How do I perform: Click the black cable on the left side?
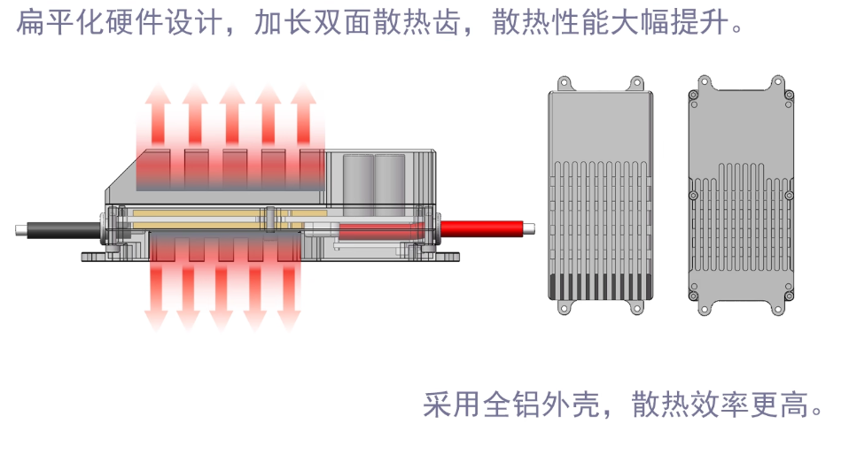(62, 230)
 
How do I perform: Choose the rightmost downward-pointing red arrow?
(289, 292)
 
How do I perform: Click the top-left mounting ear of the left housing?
(564, 83)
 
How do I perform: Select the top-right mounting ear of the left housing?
(636, 83)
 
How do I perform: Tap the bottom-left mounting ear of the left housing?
(564, 309)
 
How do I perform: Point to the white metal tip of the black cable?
(20, 231)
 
